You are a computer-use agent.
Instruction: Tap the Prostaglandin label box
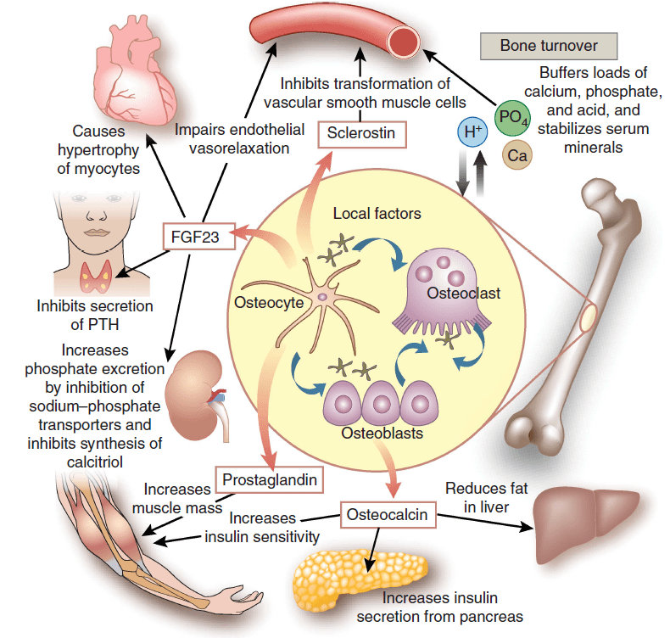point(270,480)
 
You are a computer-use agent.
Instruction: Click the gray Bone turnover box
point(549,46)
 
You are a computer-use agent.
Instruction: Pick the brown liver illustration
point(586,521)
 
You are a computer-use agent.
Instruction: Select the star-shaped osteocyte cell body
point(323,297)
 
